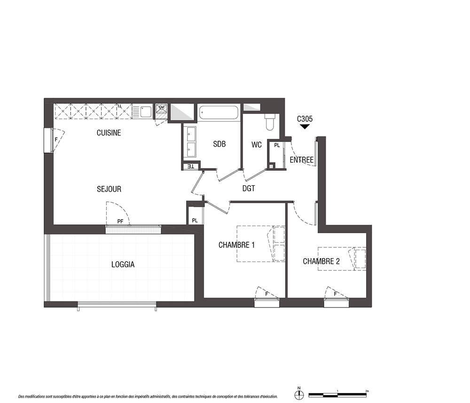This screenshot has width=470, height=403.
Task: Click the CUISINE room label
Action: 109,133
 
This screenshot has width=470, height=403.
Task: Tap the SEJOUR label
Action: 109,189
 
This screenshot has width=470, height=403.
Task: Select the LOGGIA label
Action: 123,264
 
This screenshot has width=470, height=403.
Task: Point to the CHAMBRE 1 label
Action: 236,245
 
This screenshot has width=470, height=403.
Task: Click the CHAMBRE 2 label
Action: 321,261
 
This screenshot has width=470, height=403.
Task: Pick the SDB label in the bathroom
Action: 219,144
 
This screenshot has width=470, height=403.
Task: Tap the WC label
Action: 257,145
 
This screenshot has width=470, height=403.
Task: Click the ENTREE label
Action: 302,160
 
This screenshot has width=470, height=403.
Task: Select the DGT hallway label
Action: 249,188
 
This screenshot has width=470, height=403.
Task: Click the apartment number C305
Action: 305,119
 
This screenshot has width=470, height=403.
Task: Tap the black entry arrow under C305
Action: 305,127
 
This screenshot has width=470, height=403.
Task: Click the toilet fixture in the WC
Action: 270,122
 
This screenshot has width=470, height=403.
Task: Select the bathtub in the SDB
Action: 219,113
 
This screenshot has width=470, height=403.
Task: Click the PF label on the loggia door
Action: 120,221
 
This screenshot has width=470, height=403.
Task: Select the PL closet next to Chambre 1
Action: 195,221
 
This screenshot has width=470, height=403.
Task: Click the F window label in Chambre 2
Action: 336,294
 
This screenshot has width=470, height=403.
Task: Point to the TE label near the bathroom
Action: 191,166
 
